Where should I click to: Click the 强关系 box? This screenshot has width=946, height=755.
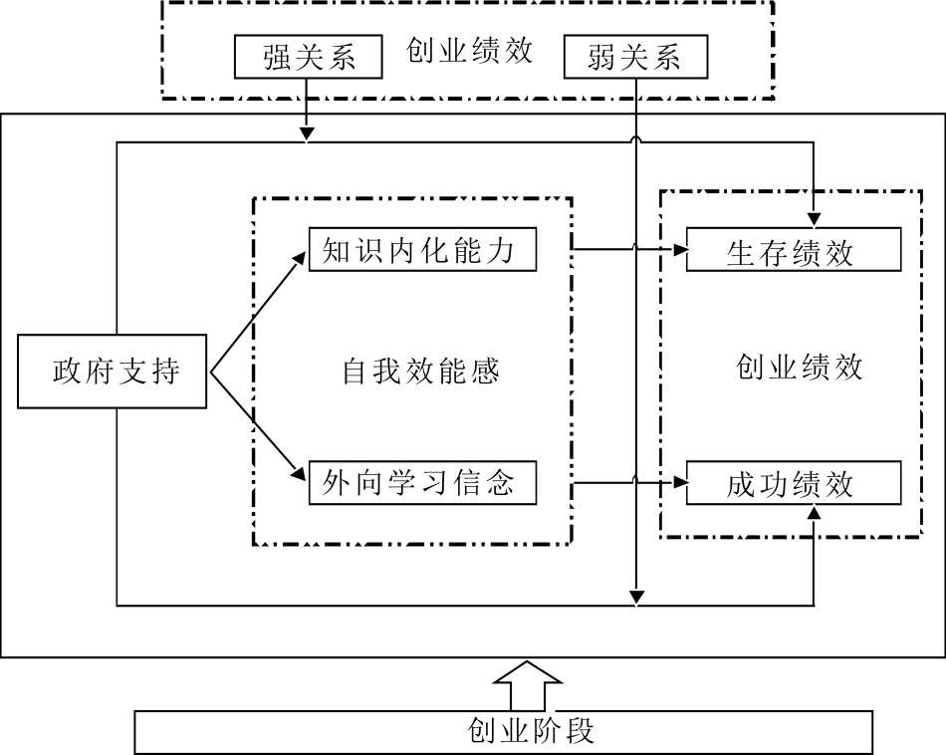pyautogui.click(x=309, y=57)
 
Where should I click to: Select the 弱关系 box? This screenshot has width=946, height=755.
pyautogui.click(x=635, y=57)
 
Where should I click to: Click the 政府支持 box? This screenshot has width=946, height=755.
pyautogui.click(x=113, y=372)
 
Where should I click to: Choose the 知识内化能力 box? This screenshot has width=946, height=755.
pyautogui.click(x=423, y=251)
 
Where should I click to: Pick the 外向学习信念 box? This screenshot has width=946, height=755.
pyautogui.click(x=423, y=484)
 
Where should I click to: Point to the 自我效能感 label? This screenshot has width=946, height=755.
pyautogui.click(x=420, y=372)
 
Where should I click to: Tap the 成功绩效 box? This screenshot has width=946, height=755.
pyautogui.click(x=794, y=484)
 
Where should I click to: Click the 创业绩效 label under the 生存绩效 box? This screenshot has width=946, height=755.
pyautogui.click(x=800, y=368)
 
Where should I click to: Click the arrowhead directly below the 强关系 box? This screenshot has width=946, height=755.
pyautogui.click(x=308, y=134)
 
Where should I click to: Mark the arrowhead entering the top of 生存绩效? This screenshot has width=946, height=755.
pyautogui.click(x=815, y=219)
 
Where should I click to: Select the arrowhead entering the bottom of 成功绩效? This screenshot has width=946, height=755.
pyautogui.click(x=815, y=513)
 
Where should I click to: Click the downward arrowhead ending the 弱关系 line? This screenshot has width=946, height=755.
pyautogui.click(x=636, y=596)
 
